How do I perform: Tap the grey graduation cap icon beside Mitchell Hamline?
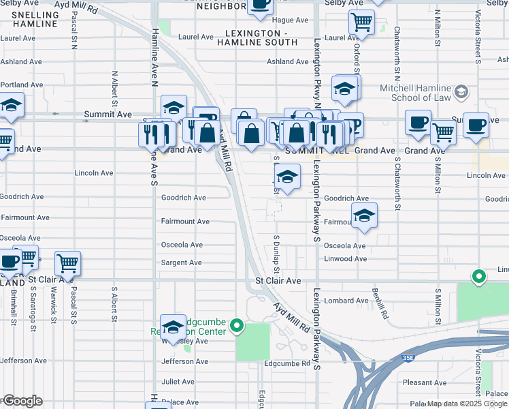tap(462, 92)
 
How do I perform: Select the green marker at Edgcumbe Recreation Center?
tap(237, 327)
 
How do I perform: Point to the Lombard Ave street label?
tap(346, 301)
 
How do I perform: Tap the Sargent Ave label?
tap(181, 262)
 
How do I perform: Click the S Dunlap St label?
tap(277, 252)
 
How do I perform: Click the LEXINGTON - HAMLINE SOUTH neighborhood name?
tap(257, 37)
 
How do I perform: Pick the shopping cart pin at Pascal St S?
tap(68, 262)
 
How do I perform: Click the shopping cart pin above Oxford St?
tap(361, 22)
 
